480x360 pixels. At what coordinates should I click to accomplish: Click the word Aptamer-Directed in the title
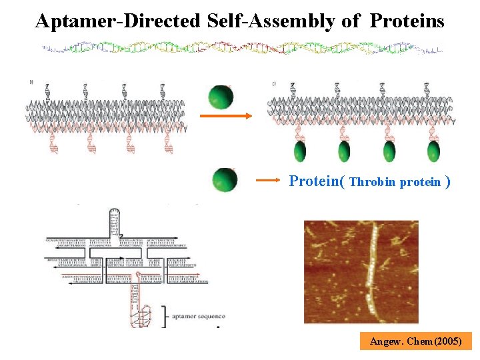click(x=117, y=21)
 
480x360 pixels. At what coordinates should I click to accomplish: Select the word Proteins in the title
click(x=407, y=21)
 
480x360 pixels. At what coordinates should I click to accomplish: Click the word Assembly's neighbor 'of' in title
click(x=351, y=21)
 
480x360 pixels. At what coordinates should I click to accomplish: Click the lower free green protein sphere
click(x=225, y=180)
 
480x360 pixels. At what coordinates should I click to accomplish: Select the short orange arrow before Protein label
click(x=269, y=180)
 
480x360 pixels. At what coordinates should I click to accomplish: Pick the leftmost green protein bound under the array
click(x=301, y=151)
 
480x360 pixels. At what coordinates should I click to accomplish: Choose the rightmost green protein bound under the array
click(x=433, y=151)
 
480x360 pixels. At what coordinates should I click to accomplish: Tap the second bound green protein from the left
click(x=344, y=151)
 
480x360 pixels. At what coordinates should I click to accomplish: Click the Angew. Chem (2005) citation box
click(x=416, y=341)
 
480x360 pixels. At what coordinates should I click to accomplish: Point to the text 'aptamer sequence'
click(x=198, y=316)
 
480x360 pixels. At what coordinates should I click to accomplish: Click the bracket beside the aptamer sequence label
click(x=164, y=315)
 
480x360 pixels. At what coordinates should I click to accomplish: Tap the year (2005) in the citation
click(x=447, y=341)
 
